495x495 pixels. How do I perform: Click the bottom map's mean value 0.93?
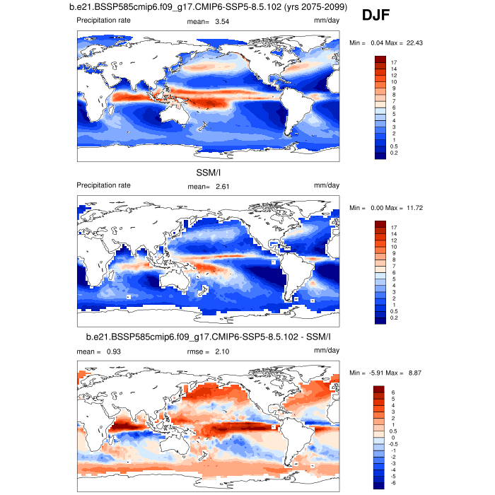[116, 351]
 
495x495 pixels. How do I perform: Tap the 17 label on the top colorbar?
[393, 63]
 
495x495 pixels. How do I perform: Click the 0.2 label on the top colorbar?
[394, 153]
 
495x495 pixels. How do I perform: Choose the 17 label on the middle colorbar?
[393, 228]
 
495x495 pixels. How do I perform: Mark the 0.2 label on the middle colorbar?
[394, 318]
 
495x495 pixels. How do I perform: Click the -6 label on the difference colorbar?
[393, 482]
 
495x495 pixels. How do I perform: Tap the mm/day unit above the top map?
[327, 21]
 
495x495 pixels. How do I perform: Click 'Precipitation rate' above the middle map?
[103, 187]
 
